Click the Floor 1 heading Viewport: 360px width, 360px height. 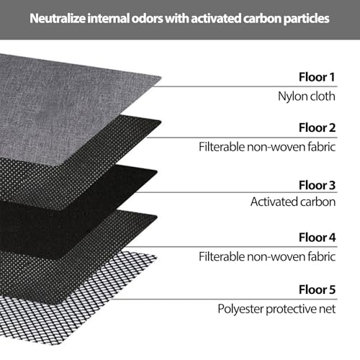click(317, 77)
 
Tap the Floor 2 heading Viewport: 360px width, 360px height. click(317, 127)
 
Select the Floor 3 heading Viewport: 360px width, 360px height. click(317, 185)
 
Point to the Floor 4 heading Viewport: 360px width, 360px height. click(317, 238)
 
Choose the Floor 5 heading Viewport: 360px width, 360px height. click(317, 289)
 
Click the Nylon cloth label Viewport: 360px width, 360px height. click(307, 96)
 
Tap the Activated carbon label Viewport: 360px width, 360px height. click(293, 202)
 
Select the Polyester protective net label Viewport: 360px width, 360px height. click(276, 309)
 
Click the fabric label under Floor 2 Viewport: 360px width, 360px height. click(267, 147)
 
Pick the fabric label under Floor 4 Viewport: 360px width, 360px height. click(267, 256)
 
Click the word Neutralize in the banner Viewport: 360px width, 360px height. click(58, 19)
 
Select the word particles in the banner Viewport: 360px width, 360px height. click(306, 19)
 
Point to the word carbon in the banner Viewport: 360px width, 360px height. click(262, 19)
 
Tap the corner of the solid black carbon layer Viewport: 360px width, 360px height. click(157, 171)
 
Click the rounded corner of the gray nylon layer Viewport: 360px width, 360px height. click(161, 78)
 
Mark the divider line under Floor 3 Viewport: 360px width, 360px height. click(236, 192)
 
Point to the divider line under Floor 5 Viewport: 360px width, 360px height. click(225, 300)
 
